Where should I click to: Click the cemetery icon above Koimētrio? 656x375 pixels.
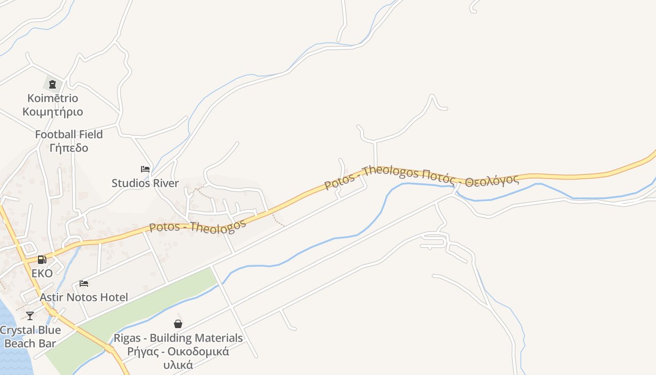(x=52, y=84)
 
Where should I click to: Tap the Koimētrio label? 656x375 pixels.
(x=52, y=98)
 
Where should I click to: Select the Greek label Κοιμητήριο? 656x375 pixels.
(x=52, y=112)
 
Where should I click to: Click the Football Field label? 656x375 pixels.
(x=69, y=135)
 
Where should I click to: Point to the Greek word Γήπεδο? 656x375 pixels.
(x=69, y=148)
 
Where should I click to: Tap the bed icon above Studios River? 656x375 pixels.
(x=145, y=169)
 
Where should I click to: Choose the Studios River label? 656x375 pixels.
(x=145, y=183)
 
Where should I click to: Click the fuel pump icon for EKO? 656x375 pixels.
(x=42, y=260)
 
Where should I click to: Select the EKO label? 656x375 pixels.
(x=42, y=273)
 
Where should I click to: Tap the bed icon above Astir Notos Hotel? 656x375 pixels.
(x=84, y=284)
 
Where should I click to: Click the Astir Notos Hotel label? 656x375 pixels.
(x=84, y=297)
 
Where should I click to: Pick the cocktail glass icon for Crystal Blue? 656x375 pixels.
(x=30, y=316)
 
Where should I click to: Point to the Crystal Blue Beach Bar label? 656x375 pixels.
(x=30, y=337)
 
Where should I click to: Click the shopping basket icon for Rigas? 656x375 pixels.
(x=178, y=324)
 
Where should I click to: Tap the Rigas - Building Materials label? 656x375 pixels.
(x=178, y=338)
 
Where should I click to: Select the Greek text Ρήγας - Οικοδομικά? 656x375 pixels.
(x=178, y=352)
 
